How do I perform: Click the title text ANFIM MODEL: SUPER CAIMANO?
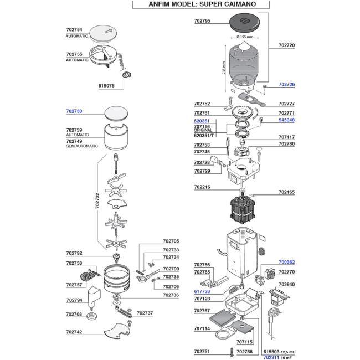[202, 4]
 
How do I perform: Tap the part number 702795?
[202, 21]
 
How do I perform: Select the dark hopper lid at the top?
[244, 23]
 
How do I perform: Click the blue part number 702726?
[286, 84]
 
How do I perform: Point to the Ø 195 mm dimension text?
[245, 37]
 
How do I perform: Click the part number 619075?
[106, 86]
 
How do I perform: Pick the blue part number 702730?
[74, 111]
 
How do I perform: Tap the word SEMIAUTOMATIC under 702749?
[82, 146]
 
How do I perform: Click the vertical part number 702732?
[97, 200]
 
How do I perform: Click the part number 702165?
[286, 192]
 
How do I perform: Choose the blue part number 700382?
[286, 262]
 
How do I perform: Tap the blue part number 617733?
[202, 291]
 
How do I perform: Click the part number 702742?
[74, 332]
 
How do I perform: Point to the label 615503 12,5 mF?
[279, 352]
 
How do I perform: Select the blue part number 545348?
[286, 120]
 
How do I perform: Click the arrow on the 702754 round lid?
[109, 31]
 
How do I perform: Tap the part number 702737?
[145, 313]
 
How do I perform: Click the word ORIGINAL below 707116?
[203, 130]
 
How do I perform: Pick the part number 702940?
[286, 284]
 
